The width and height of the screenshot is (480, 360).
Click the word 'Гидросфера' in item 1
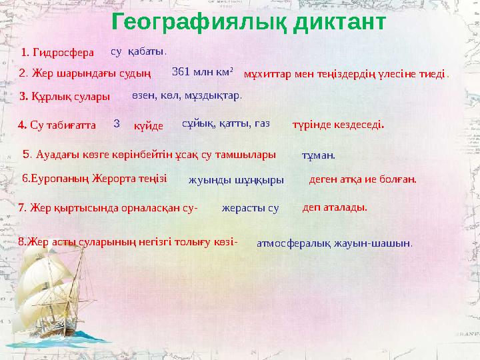coord(64,52)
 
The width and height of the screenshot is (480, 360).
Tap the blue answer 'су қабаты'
coord(138,51)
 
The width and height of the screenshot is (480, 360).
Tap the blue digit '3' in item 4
coord(117,123)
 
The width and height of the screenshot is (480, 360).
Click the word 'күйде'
coord(149,125)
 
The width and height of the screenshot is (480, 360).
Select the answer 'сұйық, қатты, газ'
coord(225,123)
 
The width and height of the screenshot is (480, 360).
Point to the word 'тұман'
coord(319,155)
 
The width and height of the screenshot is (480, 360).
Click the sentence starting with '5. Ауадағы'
coord(149,155)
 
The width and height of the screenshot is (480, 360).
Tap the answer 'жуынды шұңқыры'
coord(236,179)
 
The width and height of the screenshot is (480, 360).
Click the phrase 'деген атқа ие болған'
coord(363,179)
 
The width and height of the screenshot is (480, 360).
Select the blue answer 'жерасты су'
coord(250,208)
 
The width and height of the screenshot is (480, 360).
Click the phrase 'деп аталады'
coord(335,207)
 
